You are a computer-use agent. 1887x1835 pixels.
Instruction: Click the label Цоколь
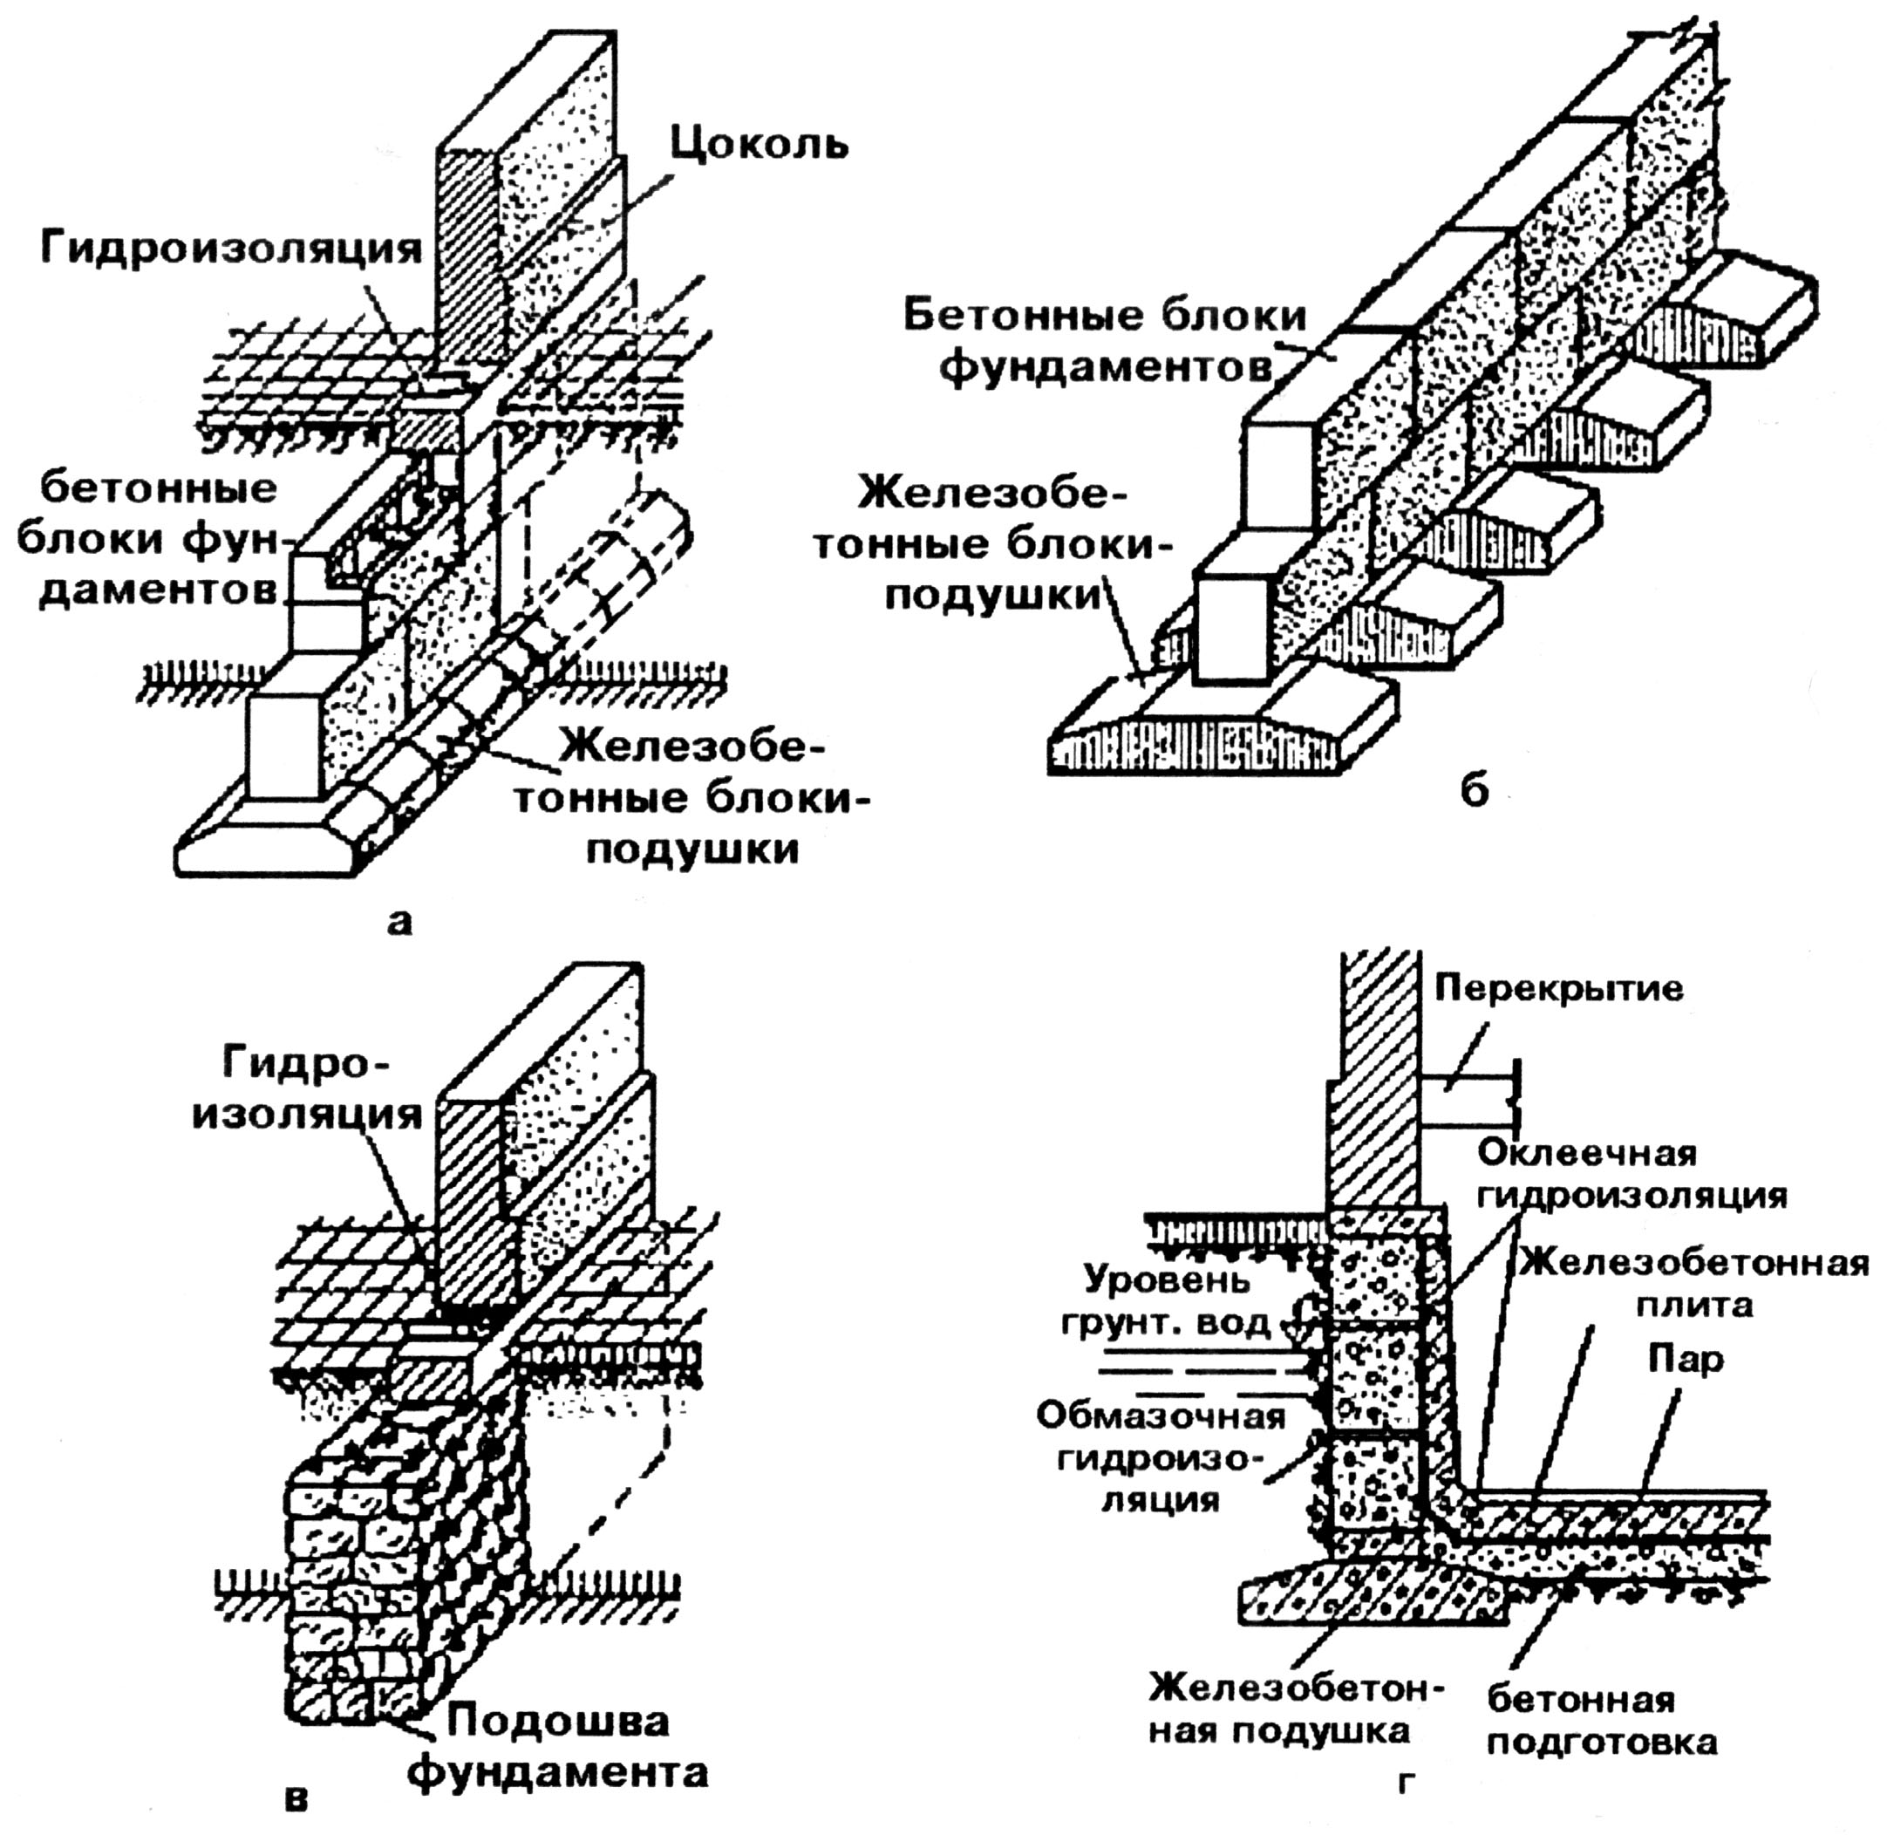pos(760,145)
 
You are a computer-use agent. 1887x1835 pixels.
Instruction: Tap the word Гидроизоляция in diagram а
pos(231,249)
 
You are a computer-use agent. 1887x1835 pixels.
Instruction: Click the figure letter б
pos(1475,791)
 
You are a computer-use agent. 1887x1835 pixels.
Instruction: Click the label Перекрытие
pos(1559,989)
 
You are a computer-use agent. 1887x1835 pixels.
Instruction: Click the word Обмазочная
pos(1161,1415)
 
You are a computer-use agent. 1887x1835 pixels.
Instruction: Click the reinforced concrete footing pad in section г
pos(1368,1600)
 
